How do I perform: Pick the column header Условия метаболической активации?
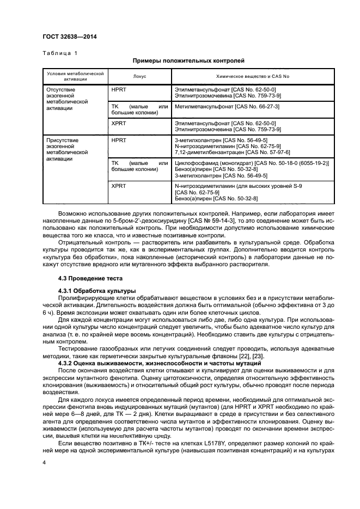point(75,76)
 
